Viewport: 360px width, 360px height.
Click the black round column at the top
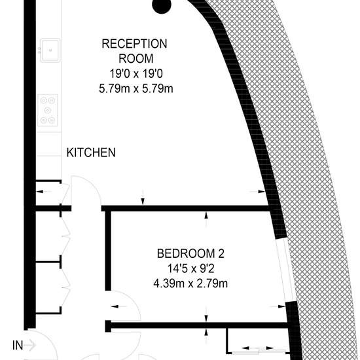click(162, 5)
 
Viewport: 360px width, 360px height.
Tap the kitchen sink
click(50, 50)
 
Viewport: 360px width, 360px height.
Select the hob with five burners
click(48, 110)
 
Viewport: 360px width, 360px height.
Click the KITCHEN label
click(91, 153)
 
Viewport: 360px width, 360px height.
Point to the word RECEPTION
click(134, 44)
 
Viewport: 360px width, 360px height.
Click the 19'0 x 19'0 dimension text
click(136, 74)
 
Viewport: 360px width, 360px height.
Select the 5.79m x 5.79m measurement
click(136, 88)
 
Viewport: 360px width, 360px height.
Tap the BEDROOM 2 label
click(190, 253)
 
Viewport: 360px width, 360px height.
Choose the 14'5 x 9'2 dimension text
click(190, 268)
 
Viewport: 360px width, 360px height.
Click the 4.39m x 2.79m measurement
click(190, 283)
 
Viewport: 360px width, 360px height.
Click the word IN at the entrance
click(18, 345)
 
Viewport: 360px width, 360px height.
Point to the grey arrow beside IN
click(30, 344)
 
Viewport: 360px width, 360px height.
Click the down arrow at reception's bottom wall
click(143, 198)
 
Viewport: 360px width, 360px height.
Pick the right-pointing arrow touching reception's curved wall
click(257, 191)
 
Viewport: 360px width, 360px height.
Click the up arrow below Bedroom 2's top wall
click(206, 220)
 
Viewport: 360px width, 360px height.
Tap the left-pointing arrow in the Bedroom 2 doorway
click(118, 306)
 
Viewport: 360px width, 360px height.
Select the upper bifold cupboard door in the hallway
click(65, 236)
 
